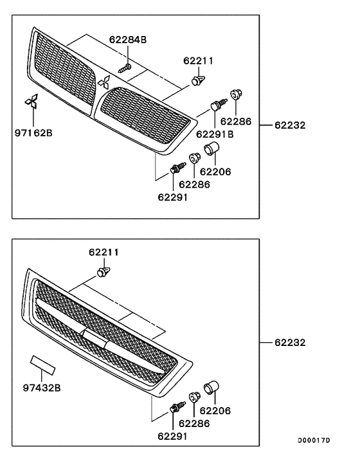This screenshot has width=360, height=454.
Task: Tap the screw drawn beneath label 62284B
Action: click(125, 66)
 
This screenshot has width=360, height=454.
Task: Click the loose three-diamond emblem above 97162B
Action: click(30, 103)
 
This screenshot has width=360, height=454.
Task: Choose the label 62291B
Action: click(215, 134)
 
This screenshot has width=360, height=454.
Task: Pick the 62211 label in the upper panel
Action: click(198, 61)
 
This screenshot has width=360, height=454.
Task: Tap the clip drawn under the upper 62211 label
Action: click(197, 80)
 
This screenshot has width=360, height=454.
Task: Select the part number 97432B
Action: click(42, 388)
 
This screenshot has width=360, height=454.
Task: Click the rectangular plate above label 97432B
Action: click(44, 365)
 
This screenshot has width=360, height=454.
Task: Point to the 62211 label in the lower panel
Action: click(104, 252)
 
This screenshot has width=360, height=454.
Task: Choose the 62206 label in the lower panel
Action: click(215, 410)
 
